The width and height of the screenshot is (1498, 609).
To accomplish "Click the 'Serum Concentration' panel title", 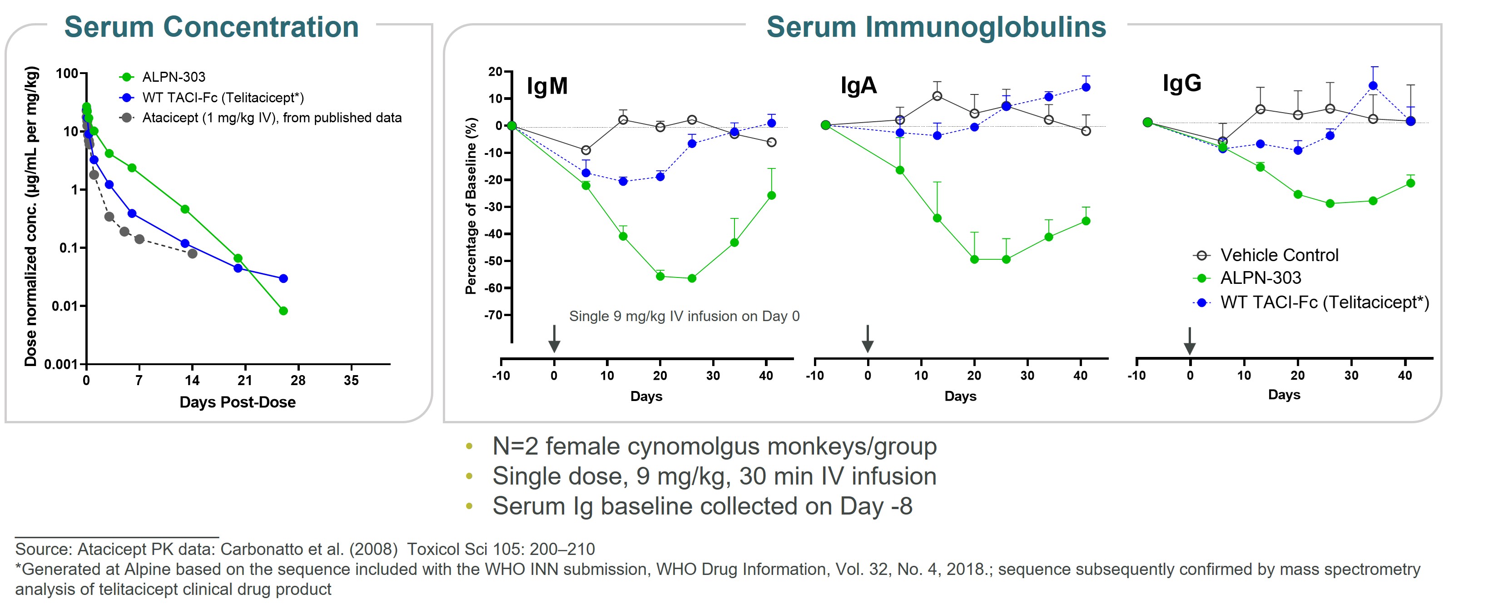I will [211, 27].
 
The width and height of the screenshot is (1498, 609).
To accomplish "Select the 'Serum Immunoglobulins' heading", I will [936, 27].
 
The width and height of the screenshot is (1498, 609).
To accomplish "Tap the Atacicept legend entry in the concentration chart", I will [272, 118].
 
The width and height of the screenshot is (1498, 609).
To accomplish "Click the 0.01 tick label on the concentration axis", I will [64, 306].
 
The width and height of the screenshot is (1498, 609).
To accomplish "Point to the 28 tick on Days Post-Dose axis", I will [298, 381].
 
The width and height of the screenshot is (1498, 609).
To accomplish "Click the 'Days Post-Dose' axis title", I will [237, 402].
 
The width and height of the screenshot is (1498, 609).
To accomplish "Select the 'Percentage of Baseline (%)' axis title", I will [471, 206].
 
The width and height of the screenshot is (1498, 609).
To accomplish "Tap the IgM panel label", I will [546, 86].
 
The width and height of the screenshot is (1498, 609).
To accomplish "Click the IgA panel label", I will [858, 85].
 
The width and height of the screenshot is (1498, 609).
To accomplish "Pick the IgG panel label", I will [1182, 83].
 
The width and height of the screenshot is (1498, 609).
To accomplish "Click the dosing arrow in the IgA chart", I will [867, 338].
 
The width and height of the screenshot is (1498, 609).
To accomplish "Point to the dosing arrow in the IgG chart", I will [1189, 340].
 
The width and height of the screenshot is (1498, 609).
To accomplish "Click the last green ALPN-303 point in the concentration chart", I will [283, 311].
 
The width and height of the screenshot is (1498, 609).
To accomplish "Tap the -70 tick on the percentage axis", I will [493, 315].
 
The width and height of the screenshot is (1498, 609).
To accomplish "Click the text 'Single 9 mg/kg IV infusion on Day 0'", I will [684, 317].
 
